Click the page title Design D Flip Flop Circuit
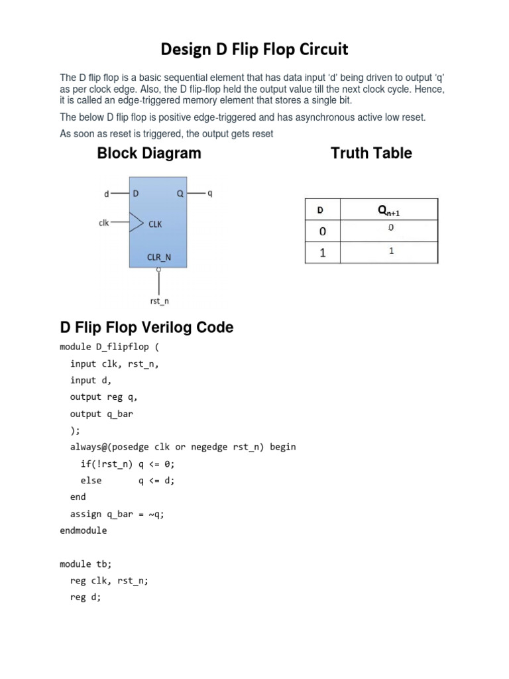(254, 50)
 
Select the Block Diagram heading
(149, 153)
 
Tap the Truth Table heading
(371, 153)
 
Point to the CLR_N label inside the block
(159, 257)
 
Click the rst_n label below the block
(159, 302)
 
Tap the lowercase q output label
(210, 194)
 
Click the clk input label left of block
(104, 223)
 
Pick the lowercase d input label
(107, 194)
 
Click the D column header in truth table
(321, 210)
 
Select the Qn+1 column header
(389, 211)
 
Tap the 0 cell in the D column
(321, 231)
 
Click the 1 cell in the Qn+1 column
(391, 252)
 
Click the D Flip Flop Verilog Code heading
(146, 328)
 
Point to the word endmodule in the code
(83, 530)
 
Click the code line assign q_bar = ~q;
(117, 514)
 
